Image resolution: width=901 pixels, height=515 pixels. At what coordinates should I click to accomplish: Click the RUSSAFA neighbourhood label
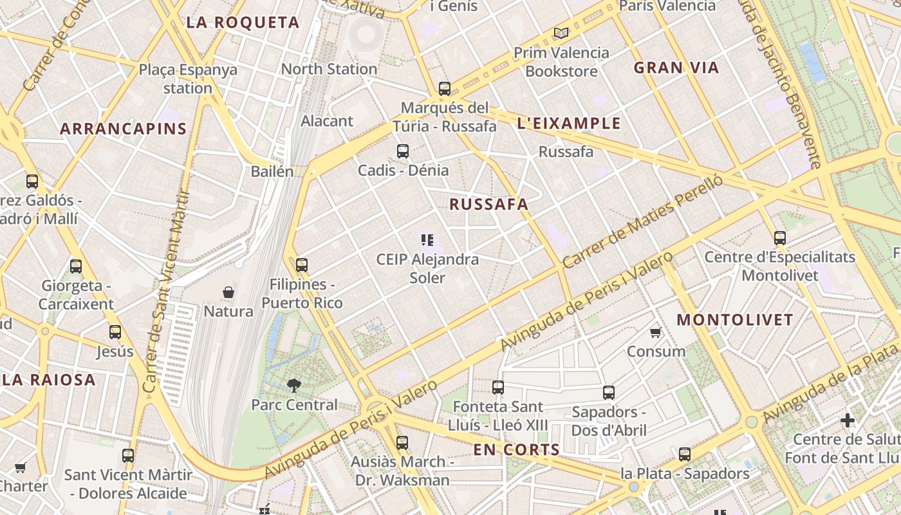[488, 205]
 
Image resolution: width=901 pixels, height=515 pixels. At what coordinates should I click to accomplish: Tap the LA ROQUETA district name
[243, 23]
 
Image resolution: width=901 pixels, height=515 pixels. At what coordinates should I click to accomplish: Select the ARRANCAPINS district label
[124, 129]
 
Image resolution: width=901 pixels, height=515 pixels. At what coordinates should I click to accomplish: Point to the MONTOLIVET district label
[735, 320]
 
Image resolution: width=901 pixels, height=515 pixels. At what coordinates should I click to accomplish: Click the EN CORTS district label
[517, 450]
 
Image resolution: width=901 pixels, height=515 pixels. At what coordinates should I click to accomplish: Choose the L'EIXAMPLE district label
[569, 124]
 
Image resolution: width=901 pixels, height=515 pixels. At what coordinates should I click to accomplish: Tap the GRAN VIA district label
[676, 68]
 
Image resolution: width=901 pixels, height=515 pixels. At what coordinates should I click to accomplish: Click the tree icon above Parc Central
[294, 386]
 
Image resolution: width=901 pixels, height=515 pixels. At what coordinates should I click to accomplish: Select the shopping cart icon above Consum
[655, 333]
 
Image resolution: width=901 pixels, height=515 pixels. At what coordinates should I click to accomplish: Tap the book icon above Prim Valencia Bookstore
[561, 33]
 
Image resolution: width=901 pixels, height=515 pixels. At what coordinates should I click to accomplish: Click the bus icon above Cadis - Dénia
[403, 151]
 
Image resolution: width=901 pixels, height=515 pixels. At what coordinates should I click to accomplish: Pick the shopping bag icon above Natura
[228, 292]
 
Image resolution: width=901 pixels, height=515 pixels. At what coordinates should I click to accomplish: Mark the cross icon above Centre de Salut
[848, 421]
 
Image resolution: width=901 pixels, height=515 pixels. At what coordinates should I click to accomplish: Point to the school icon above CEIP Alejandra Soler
[427, 240]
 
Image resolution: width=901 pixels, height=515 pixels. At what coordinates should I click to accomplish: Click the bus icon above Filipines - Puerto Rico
[302, 265]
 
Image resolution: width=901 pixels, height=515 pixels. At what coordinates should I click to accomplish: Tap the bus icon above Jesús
[115, 332]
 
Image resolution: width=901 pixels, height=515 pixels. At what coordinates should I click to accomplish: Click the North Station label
[329, 69]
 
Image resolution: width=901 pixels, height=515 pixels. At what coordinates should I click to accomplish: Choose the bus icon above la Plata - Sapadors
[685, 454]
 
